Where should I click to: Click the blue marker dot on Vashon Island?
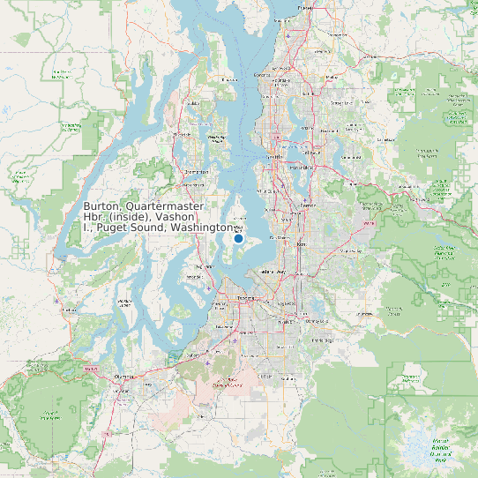pos(238,238)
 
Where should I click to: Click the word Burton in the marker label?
pos(102,205)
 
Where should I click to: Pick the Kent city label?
pos(300,243)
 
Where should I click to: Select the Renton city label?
pos(307,205)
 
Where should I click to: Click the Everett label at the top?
pos(306,7)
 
